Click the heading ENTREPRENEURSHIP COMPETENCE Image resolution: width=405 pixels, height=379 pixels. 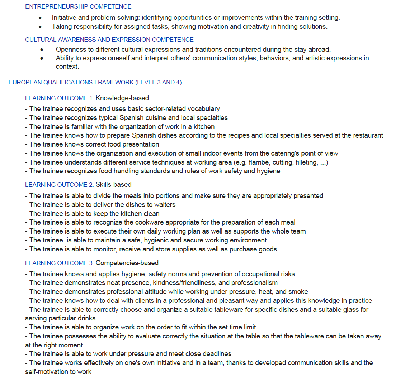[x=78, y=6]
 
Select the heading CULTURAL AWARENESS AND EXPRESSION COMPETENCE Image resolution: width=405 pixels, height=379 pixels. [x=109, y=40]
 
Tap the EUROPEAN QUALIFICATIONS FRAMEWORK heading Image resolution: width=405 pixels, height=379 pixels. [x=95, y=82]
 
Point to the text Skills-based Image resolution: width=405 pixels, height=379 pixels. [x=113, y=185]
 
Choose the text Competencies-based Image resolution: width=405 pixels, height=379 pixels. [x=127, y=263]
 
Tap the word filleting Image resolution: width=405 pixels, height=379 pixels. [x=304, y=162]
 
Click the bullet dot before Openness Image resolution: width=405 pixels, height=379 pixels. [x=42, y=50]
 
